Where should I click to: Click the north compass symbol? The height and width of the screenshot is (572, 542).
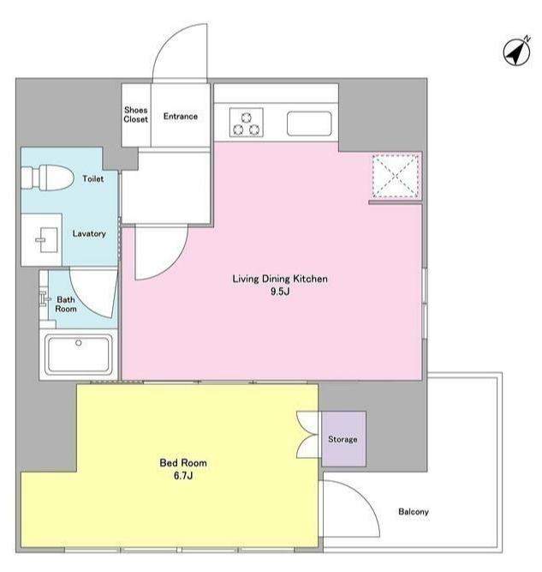(517, 51)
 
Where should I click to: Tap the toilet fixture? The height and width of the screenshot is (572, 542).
(47, 178)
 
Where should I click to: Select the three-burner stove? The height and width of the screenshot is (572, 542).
(247, 123)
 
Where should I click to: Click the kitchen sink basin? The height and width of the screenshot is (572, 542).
(309, 123)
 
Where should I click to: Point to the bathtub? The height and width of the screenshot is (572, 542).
(78, 354)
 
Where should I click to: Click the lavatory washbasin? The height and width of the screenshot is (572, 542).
(47, 239)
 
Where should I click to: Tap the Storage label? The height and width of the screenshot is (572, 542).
(342, 439)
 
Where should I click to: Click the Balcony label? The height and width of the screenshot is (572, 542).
(414, 511)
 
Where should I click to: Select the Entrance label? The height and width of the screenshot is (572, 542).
(181, 117)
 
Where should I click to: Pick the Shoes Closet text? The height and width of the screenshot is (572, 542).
(136, 115)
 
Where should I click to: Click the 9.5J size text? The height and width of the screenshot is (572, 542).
(280, 292)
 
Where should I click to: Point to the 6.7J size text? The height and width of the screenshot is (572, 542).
(183, 476)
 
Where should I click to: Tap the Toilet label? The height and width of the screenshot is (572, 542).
(92, 178)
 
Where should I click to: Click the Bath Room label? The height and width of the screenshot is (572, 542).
(66, 304)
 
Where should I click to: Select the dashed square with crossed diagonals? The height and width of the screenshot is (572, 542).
(396, 176)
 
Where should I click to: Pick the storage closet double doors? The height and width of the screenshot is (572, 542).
(308, 435)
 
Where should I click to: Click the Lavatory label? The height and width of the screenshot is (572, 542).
(89, 233)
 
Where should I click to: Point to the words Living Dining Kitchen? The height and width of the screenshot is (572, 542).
(280, 279)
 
